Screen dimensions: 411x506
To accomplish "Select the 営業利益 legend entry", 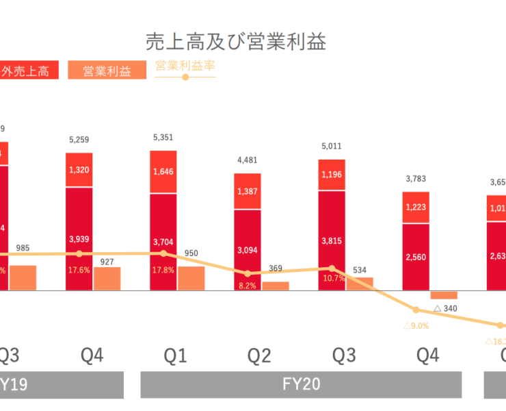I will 107,71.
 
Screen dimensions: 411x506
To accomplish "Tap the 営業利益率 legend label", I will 185,66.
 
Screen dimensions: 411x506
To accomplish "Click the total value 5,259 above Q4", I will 79,140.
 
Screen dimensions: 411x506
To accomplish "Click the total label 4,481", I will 247,161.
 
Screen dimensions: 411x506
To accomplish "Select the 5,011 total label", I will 331,146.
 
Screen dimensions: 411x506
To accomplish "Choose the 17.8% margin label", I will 163,271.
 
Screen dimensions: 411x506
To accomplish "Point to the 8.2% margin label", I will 247,286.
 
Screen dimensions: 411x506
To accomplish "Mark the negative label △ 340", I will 445,309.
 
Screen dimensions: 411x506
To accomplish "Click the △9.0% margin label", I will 416,326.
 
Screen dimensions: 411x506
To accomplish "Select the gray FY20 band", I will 301,385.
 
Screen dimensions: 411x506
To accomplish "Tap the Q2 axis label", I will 259,356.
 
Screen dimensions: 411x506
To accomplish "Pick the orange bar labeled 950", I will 191,278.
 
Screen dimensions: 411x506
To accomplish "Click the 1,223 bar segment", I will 415,208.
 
